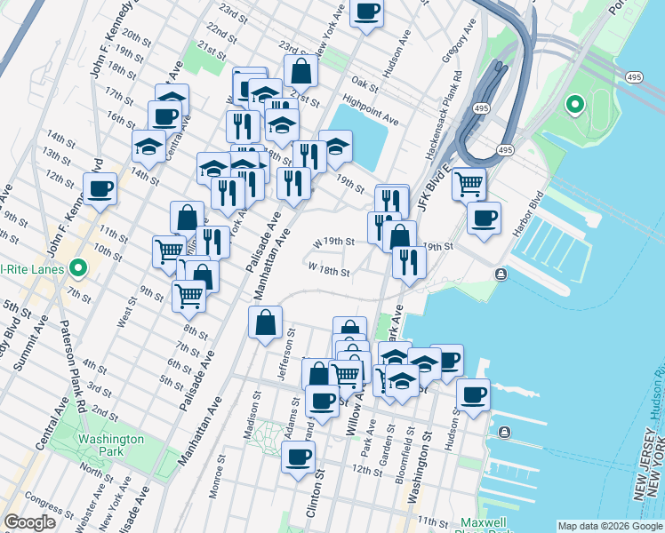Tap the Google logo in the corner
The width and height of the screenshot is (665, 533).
(29, 522)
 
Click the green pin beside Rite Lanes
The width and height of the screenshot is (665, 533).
(78, 266)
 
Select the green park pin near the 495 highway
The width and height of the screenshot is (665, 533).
(575, 106)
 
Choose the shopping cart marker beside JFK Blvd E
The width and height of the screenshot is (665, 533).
(469, 185)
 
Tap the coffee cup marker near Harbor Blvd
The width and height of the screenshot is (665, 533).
(483, 219)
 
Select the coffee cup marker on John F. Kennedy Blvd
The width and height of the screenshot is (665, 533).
(100, 188)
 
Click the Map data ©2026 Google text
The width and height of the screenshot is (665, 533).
(610, 526)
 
